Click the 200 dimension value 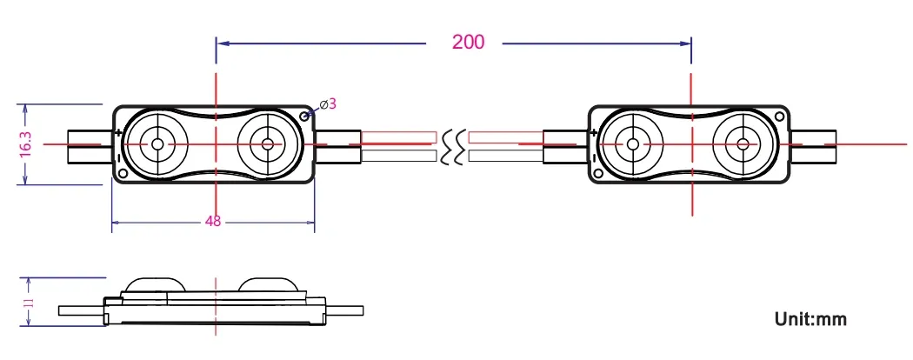point(468,41)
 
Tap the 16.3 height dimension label point(25,143)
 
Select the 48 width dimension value point(213,221)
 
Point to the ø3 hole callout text point(328,104)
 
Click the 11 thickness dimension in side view point(28,303)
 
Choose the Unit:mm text point(810,319)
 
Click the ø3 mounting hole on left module point(304,115)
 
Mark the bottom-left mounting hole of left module point(123,173)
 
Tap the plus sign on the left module point(117,132)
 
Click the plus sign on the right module point(593,132)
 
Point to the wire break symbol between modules point(452,146)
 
